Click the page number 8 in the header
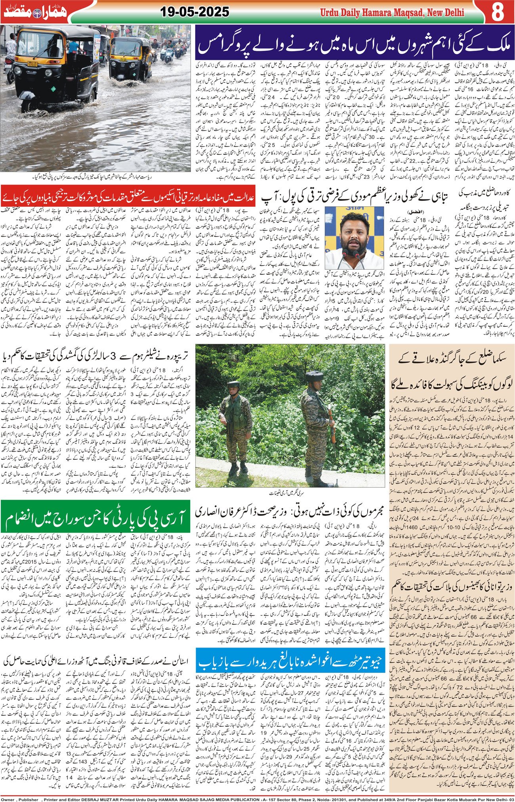coord(497,11)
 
